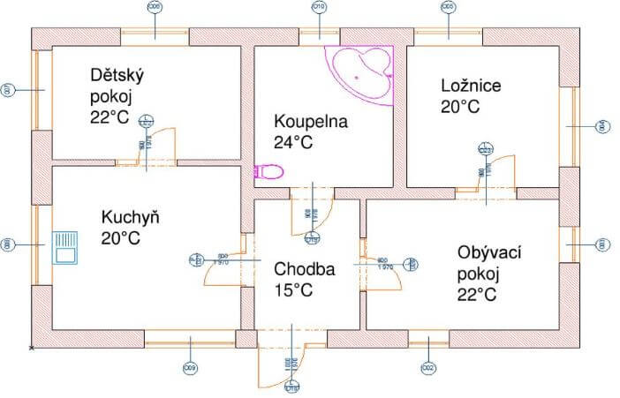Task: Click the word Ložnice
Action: tap(472, 86)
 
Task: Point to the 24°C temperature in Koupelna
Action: tap(295, 142)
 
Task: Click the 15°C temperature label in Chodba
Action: tap(292, 289)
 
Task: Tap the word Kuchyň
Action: tap(130, 217)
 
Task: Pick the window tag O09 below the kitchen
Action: tap(188, 367)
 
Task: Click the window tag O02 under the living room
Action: tap(428, 367)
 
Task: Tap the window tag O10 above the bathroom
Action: tap(319, 7)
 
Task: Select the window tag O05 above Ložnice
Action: tap(449, 7)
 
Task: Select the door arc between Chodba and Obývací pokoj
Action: tap(389, 277)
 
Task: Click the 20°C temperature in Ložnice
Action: tap(459, 107)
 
